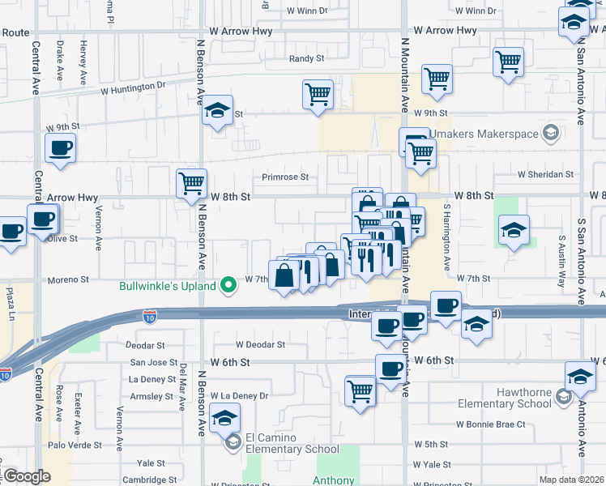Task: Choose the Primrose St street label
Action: pos(285,177)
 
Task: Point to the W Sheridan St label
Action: pos(546,174)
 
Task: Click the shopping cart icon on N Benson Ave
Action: pos(192,184)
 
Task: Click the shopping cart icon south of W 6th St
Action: pos(361,390)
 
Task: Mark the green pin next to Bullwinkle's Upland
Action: pos(229,283)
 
